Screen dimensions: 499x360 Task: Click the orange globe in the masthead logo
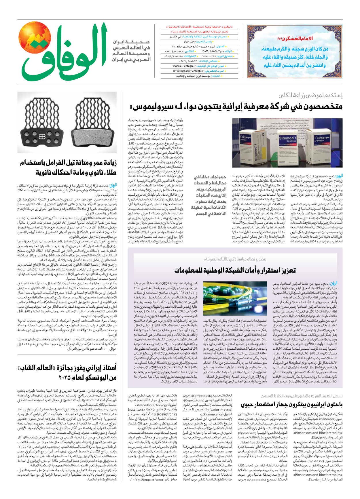[35, 39]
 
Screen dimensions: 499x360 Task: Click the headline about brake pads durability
[69, 167]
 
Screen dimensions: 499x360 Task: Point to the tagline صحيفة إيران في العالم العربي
[131, 51]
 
